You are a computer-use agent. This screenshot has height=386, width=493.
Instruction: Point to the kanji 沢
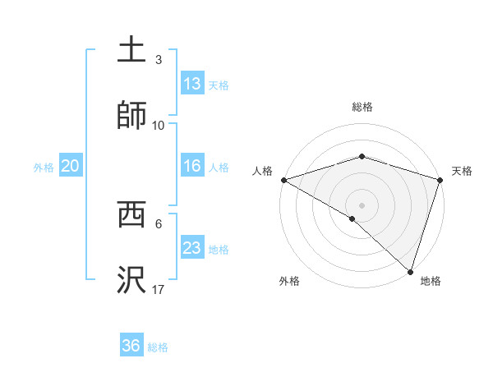click(x=132, y=280)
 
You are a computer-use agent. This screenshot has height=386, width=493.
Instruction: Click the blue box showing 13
click(x=192, y=84)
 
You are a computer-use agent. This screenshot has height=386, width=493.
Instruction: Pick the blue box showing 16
click(x=192, y=166)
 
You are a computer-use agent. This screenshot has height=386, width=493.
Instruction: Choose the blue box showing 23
click(x=192, y=248)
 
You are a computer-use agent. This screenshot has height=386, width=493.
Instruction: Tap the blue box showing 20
click(x=71, y=166)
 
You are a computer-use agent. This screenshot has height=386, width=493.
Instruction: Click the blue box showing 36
click(x=131, y=346)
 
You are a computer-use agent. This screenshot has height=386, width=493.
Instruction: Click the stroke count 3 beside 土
click(x=159, y=60)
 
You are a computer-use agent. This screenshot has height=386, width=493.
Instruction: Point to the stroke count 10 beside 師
click(x=159, y=125)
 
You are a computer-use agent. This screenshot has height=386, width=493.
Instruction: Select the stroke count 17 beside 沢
click(x=159, y=289)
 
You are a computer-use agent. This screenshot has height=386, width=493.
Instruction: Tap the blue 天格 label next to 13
click(x=219, y=85)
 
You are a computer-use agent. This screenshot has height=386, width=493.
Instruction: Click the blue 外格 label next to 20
click(x=44, y=167)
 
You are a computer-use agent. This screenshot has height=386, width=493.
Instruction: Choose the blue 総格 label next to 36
click(x=158, y=347)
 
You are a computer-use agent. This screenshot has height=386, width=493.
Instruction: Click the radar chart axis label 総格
click(x=362, y=107)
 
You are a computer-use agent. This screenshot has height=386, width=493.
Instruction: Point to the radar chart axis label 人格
click(x=262, y=171)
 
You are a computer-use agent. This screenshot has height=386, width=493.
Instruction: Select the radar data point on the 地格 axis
click(x=410, y=271)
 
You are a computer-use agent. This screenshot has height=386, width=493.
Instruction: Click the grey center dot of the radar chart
click(x=362, y=204)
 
